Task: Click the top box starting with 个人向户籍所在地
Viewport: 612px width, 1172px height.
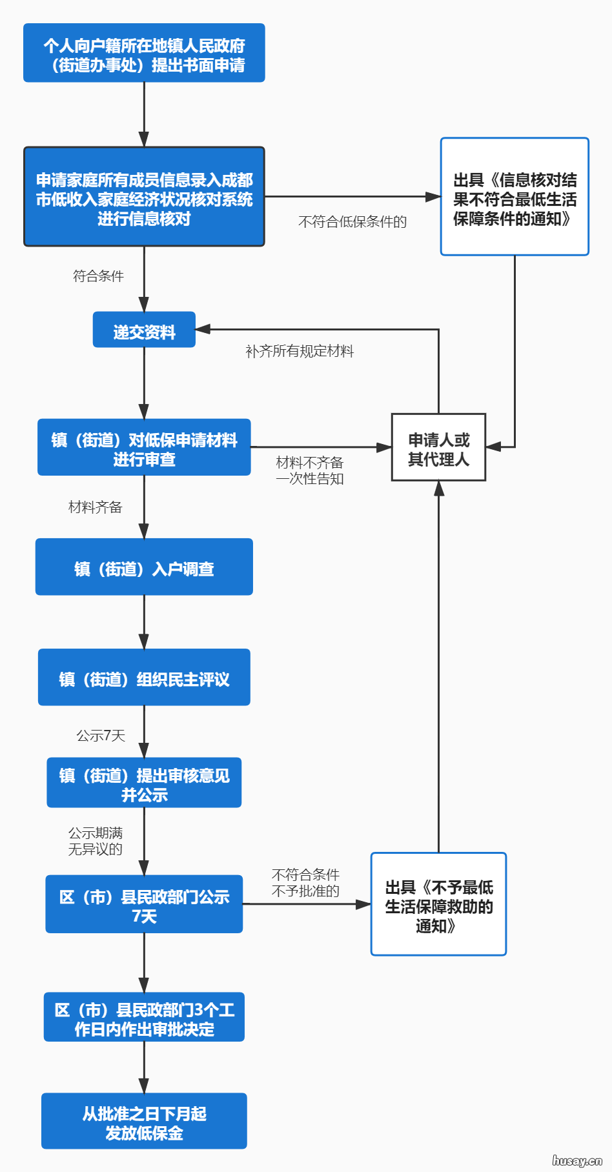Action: (x=144, y=53)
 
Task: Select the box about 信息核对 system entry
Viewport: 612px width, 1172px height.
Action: (x=144, y=197)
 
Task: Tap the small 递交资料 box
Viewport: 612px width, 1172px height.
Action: (x=144, y=330)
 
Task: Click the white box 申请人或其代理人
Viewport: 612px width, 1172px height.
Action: (x=438, y=448)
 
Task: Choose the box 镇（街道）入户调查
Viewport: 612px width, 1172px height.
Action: (x=144, y=567)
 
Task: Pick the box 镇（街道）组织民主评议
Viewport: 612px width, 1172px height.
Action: (x=144, y=678)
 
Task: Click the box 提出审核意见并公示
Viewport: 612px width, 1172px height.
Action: (x=144, y=783)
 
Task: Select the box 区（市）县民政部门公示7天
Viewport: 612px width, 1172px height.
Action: (x=144, y=904)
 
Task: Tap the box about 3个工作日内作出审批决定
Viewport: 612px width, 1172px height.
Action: (x=144, y=1017)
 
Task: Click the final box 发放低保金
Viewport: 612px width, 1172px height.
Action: (x=144, y=1121)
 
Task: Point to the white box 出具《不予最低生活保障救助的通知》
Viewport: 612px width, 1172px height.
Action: (x=438, y=905)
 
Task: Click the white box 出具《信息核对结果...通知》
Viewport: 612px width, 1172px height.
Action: (x=515, y=197)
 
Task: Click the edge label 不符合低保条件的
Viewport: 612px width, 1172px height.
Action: (x=352, y=222)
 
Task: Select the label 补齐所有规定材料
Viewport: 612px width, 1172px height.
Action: (x=300, y=351)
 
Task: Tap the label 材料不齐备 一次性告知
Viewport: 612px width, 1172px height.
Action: (x=310, y=470)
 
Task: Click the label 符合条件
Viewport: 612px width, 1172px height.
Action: (x=98, y=276)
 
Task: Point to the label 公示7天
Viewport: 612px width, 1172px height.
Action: (x=101, y=736)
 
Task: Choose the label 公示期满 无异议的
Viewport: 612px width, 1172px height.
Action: (x=96, y=841)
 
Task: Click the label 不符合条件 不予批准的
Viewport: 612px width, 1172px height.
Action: (x=305, y=883)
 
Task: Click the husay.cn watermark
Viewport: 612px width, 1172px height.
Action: (x=576, y=1160)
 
